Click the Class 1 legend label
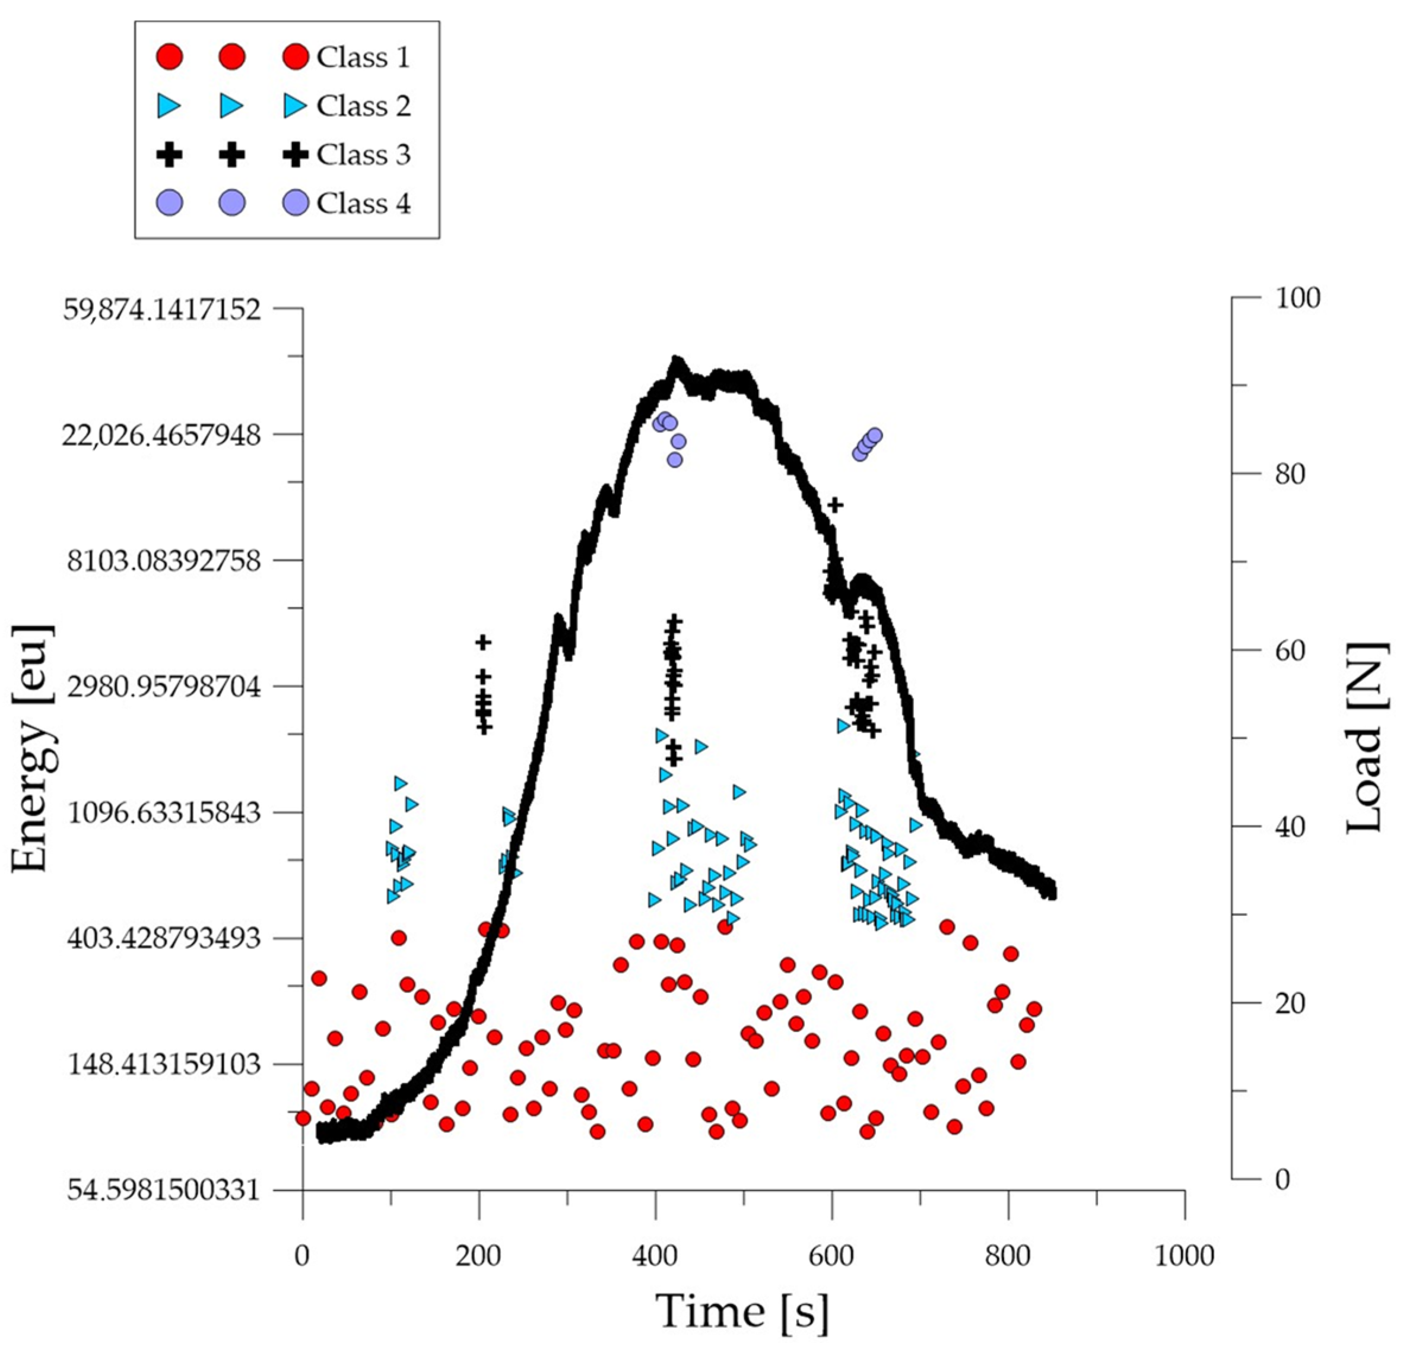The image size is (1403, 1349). pos(363,57)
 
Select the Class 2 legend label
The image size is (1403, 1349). pos(363,106)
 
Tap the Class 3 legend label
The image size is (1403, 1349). pos(363,154)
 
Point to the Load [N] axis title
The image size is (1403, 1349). pos(1364,737)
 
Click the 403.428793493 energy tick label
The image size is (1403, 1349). pos(164,938)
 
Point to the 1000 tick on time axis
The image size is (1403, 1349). pos(1184,1255)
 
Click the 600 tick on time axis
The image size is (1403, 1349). pos(832,1255)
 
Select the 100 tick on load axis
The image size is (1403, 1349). pos(1297,298)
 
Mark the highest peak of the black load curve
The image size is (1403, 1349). pos(675,360)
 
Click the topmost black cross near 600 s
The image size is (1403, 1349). pos(834,505)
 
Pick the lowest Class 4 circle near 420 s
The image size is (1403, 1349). pos(674,459)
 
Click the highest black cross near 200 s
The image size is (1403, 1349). pos(484,642)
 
